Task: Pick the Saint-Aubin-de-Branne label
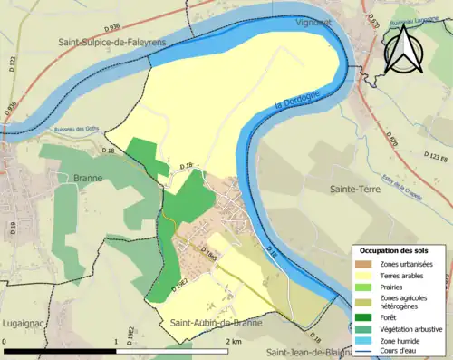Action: (x=216, y=323)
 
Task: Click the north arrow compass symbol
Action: (x=405, y=49)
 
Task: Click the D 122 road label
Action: (x=14, y=62)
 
